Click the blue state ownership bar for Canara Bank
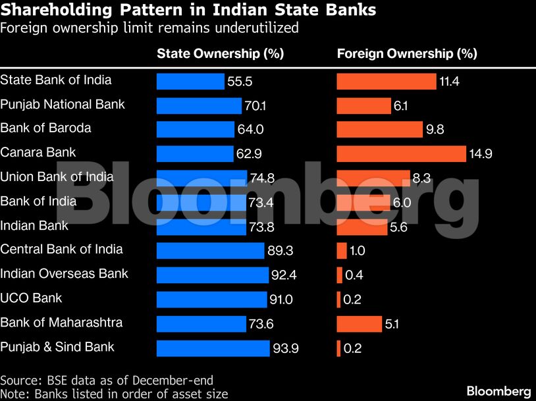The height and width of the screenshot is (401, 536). coord(195,154)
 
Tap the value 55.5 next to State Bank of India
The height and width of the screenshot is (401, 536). coord(240,82)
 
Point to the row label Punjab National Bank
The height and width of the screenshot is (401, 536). coord(63,104)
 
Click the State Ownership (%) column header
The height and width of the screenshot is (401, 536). coord(220,54)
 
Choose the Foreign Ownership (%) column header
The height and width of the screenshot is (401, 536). coord(407,54)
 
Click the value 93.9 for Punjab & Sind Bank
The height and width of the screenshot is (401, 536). coord(286,348)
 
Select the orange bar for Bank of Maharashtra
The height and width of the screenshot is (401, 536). coord(359,324)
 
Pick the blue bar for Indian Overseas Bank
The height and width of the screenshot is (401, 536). coord(213,275)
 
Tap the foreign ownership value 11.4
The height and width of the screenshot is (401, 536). coord(450,82)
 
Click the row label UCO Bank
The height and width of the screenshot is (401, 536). coord(31,298)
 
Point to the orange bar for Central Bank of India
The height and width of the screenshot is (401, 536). coord(342,251)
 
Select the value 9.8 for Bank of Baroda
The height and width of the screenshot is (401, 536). coord(435,130)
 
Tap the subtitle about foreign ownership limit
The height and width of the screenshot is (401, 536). coord(149,28)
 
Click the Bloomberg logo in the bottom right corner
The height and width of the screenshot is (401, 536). coord(498,390)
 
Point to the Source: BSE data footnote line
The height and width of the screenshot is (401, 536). coord(107,380)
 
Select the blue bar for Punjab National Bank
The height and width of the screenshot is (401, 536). coord(199,106)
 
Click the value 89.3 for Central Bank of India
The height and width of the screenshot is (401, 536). coord(280,251)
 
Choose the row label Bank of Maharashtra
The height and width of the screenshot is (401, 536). coord(61,323)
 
